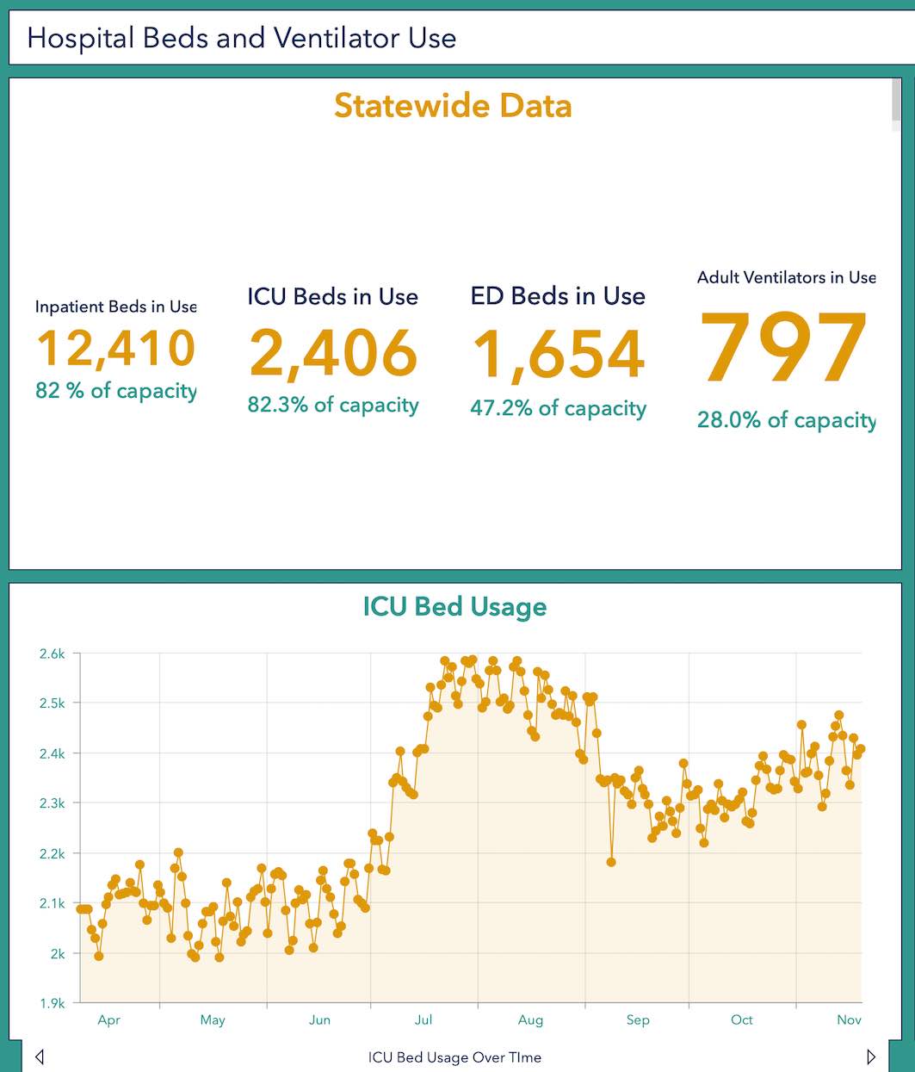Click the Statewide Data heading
(453, 106)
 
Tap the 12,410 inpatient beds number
(116, 348)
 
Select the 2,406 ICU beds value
(333, 354)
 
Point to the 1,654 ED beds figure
(559, 355)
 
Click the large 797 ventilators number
(783, 349)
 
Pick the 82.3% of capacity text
(333, 405)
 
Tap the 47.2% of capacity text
(558, 408)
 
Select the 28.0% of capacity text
(786, 420)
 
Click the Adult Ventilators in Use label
(786, 277)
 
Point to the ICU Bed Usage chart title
(454, 606)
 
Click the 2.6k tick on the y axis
(53, 654)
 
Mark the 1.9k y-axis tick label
(53, 1003)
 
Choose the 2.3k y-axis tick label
(53, 803)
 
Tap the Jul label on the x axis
(423, 1020)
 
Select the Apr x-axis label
(108, 1020)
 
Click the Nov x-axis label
(849, 1020)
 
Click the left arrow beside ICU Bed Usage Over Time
(40, 1057)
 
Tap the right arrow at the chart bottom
(871, 1057)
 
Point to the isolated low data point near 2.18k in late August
(611, 862)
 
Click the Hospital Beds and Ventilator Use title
(242, 38)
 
